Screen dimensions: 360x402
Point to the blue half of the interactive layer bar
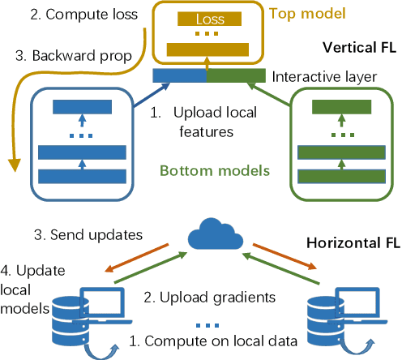point(181,76)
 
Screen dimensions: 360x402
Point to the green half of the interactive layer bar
point(236,76)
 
